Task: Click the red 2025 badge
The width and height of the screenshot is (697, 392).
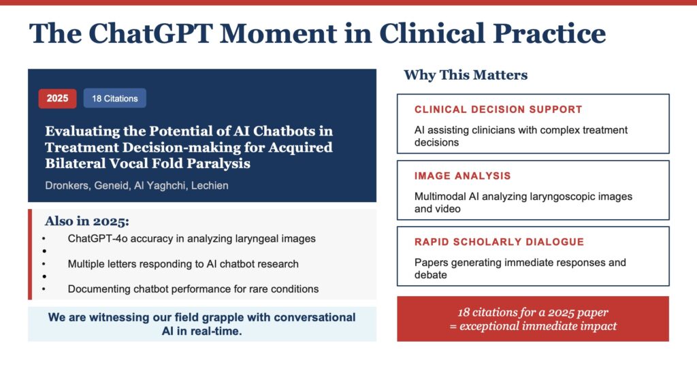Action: tap(57, 98)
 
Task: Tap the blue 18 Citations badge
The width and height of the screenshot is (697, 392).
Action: tap(114, 98)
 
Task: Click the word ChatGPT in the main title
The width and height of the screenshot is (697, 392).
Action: tap(150, 33)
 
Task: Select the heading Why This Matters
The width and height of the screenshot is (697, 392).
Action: tap(466, 75)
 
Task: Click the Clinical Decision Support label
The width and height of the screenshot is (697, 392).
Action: tap(498, 110)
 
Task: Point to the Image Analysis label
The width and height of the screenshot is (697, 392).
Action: tap(462, 176)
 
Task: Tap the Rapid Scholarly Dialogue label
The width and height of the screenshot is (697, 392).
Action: tap(499, 242)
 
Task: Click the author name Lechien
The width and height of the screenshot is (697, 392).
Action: tap(210, 185)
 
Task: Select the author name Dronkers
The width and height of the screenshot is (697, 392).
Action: tap(67, 185)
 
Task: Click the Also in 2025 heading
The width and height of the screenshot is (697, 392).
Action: tap(86, 221)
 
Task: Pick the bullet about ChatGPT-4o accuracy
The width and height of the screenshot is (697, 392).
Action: tap(191, 239)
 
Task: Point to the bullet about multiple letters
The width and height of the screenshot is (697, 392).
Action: tap(183, 264)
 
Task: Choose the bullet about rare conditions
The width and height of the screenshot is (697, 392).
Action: tap(193, 289)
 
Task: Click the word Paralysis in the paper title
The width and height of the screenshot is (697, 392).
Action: tap(218, 163)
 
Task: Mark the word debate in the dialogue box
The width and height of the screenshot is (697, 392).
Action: tap(431, 275)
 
